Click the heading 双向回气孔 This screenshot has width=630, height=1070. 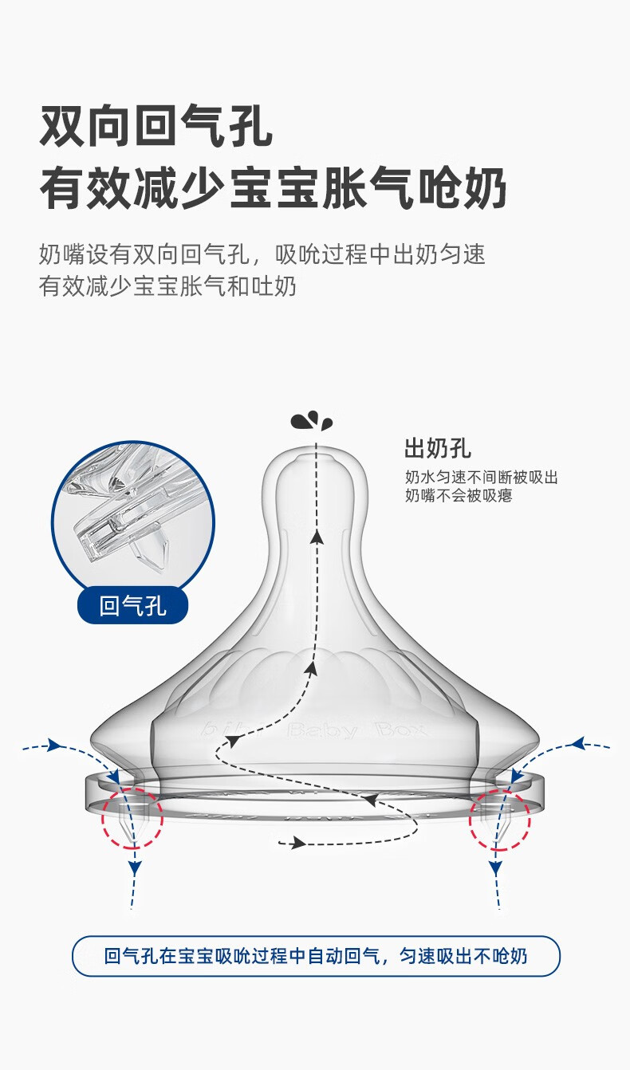click(x=156, y=126)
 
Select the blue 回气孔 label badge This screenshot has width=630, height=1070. click(x=133, y=606)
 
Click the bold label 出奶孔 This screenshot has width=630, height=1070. click(x=438, y=448)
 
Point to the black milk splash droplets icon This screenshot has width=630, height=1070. click(x=312, y=421)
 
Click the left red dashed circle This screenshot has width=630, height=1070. click(x=132, y=818)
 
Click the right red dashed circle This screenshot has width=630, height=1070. click(x=499, y=819)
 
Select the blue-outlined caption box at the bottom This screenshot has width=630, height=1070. click(x=316, y=956)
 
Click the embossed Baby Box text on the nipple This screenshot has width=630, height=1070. click(x=356, y=730)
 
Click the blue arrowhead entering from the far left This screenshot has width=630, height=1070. click(x=55, y=745)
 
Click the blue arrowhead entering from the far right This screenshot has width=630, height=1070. click(x=578, y=743)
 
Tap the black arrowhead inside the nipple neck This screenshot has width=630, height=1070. click(x=316, y=538)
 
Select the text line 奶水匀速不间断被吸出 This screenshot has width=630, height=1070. click(x=482, y=477)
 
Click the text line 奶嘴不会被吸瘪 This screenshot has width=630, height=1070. click(x=459, y=495)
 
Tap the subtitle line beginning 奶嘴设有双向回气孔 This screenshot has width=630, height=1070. click(x=262, y=254)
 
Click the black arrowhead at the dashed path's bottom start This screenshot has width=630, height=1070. click(x=298, y=843)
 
